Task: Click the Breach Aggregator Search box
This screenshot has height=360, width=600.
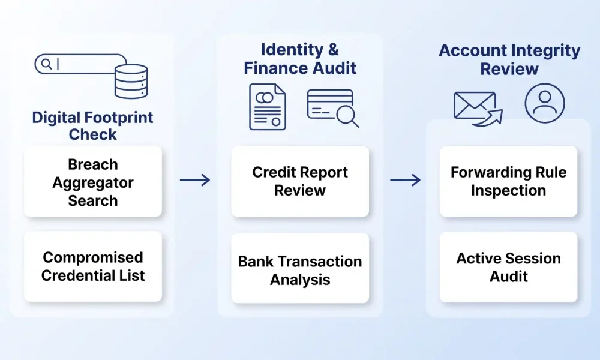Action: pyautogui.click(x=93, y=182)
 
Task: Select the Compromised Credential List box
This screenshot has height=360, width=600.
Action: pyautogui.click(x=93, y=266)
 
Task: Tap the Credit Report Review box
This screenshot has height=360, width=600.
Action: pyautogui.click(x=300, y=182)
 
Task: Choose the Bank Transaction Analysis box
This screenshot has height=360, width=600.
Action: pyautogui.click(x=300, y=268)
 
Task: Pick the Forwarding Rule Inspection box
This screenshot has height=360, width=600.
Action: pyautogui.click(x=509, y=182)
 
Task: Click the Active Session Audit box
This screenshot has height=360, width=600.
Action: pyautogui.click(x=509, y=267)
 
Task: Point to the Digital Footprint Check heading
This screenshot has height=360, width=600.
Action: pyautogui.click(x=92, y=126)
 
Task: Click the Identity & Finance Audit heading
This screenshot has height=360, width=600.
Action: pyautogui.click(x=300, y=59)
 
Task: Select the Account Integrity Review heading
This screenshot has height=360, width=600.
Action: pyautogui.click(x=509, y=59)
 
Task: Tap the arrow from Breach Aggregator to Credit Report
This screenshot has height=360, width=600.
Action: pyautogui.click(x=195, y=180)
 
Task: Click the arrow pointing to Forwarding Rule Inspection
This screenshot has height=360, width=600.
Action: pyautogui.click(x=405, y=180)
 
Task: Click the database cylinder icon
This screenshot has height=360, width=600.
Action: pyautogui.click(x=131, y=82)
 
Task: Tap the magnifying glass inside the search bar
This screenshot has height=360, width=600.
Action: pyautogui.click(x=47, y=64)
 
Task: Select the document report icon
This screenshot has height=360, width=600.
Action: pyautogui.click(x=268, y=107)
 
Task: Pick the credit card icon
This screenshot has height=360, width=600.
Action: pyautogui.click(x=330, y=104)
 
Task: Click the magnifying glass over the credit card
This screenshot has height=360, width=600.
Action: pyautogui.click(x=347, y=115)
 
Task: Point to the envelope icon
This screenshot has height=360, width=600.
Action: pyautogui.click(x=475, y=106)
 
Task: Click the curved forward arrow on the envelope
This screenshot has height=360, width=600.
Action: pyautogui.click(x=488, y=118)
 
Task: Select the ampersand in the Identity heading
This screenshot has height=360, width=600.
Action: pyautogui.click(x=333, y=50)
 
